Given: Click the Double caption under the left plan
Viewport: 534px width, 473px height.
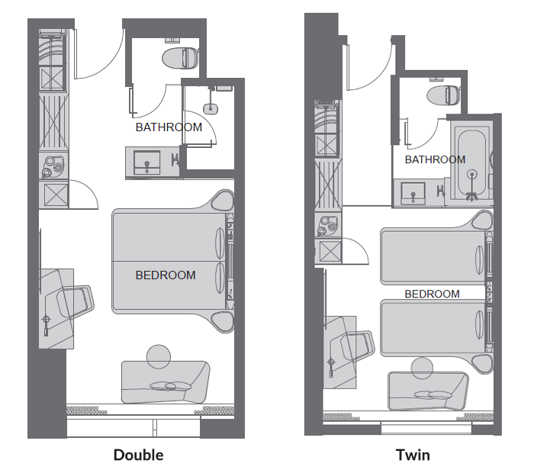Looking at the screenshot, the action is [x=138, y=455].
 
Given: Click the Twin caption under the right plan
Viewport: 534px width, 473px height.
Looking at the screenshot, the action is [x=413, y=455].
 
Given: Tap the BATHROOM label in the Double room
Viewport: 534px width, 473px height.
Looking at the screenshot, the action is [x=169, y=127].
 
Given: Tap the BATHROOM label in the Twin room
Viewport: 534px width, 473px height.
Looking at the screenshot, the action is [x=435, y=159].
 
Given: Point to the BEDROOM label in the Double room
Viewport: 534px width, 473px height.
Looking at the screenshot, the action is [x=166, y=275].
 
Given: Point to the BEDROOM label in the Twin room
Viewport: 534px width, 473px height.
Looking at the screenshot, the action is [x=432, y=294].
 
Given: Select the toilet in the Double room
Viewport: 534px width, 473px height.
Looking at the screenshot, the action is [x=180, y=57].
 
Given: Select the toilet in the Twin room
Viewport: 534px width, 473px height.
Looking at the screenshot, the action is [x=443, y=95].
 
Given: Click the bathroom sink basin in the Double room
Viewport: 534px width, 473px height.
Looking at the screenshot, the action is [x=146, y=162].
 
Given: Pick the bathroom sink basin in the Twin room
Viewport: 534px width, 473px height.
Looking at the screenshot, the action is [x=413, y=194].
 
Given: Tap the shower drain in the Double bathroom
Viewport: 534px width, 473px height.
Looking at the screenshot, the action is [x=211, y=108].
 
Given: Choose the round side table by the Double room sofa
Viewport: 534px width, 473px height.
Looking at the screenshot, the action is [x=159, y=356].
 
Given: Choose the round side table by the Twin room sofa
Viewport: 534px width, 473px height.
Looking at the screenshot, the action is [x=422, y=368].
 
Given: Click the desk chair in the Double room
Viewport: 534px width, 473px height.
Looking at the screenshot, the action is [x=75, y=301].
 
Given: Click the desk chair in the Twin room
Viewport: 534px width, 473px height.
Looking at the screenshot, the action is [x=357, y=346].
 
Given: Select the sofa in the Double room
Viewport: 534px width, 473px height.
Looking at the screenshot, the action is [x=166, y=382].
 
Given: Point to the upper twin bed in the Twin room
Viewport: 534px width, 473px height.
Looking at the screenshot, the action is [x=433, y=256].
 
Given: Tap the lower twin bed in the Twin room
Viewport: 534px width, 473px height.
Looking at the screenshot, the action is [x=433, y=328].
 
